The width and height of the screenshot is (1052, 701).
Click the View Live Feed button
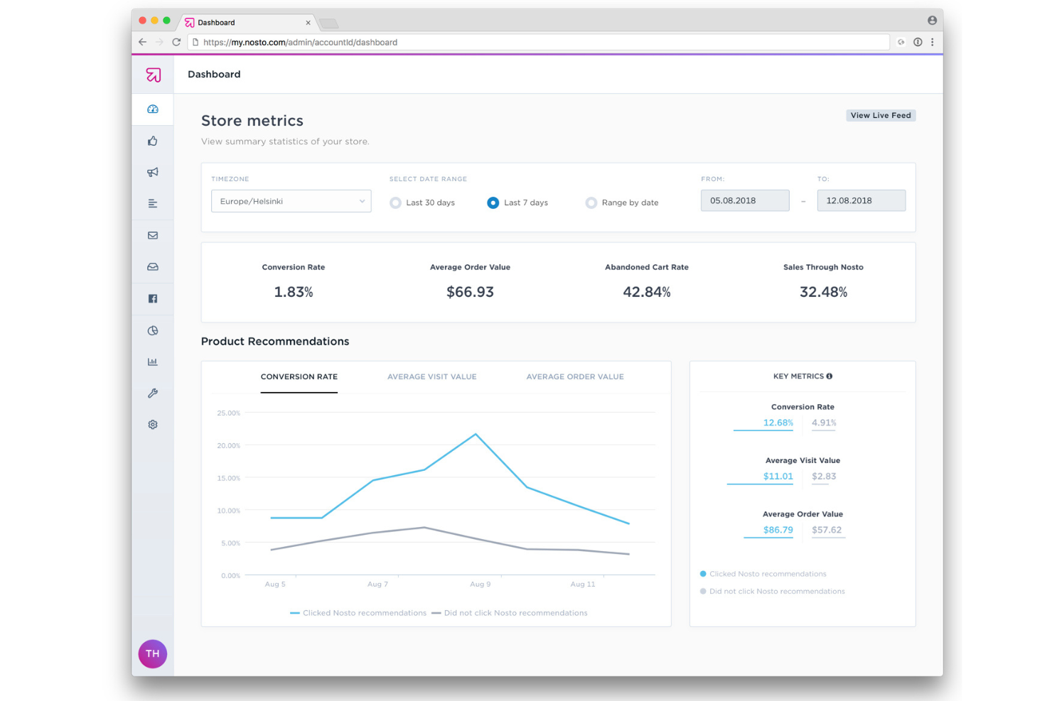880,115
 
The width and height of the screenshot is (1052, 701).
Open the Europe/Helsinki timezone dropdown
291,201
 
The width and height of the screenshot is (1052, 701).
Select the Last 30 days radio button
396,203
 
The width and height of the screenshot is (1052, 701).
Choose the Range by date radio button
591,203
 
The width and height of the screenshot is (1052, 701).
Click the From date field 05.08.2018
744,200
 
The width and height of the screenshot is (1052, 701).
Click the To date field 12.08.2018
861,200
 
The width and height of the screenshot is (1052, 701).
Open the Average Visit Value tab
431,376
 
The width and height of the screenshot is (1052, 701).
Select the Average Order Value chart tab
574,376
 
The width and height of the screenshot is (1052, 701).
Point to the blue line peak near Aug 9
476,434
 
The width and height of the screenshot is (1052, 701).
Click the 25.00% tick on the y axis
229,413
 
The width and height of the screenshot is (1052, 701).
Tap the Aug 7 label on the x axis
377,584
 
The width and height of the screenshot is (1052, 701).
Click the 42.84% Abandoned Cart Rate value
646,292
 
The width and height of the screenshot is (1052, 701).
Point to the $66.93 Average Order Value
470,292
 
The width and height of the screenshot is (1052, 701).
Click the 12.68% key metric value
778,423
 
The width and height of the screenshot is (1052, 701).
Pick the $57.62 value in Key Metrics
826,530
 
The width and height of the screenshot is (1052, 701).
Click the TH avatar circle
153,653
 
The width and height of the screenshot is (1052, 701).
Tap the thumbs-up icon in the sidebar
153,141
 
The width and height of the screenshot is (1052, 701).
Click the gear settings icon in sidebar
153,425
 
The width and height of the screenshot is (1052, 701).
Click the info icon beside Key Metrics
830,376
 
